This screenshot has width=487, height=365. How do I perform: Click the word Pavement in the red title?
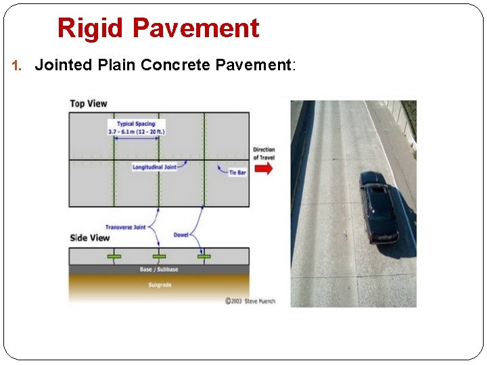click(195, 28)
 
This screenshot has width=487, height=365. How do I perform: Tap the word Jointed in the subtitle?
click(65, 65)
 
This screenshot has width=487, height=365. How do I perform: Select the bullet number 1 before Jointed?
click(18, 66)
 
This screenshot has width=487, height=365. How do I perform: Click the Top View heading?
click(89, 103)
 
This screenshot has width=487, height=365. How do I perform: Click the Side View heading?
click(89, 238)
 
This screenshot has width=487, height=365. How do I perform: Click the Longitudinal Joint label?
click(154, 166)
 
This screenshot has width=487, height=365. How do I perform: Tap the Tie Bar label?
click(237, 173)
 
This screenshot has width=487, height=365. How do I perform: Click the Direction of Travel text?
click(264, 153)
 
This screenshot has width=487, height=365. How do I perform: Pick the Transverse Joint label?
click(125, 227)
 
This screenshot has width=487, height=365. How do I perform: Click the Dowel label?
click(181, 235)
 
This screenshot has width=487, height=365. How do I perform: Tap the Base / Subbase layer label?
click(160, 270)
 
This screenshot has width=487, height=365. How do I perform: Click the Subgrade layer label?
click(160, 285)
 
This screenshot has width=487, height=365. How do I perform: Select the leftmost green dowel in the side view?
click(114, 257)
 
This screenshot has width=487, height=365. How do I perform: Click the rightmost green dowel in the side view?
click(204, 257)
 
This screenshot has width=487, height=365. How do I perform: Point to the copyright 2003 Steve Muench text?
click(250, 301)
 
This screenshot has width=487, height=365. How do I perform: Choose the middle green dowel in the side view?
click(159, 257)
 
